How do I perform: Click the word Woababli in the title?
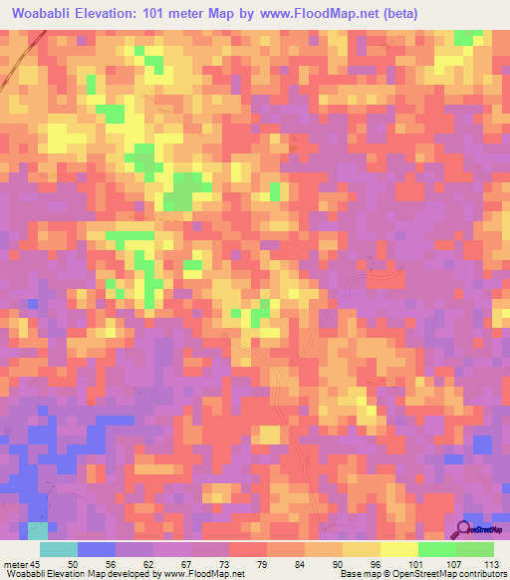pos(44,13)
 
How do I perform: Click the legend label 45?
pos(38,565)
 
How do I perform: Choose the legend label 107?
pos(455,565)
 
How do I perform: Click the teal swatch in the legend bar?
pos(59,549)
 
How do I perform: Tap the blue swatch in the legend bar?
pos(97,549)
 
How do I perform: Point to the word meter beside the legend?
pos(15,565)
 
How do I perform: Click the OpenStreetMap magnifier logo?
pos(465,528)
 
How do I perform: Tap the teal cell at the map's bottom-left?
pos(38,530)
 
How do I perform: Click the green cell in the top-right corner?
pos(465,37)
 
